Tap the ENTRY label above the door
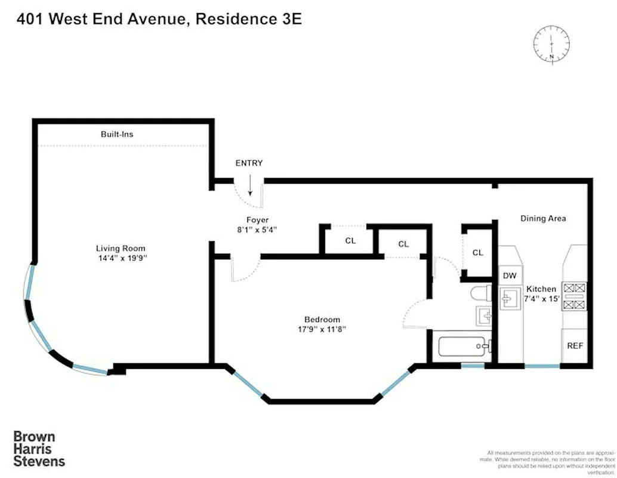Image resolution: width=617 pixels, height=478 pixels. (249, 163)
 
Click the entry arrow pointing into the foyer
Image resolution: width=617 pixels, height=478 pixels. (250, 187)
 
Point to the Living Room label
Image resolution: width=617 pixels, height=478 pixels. (121, 249)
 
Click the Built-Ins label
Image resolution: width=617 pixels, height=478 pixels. (116, 134)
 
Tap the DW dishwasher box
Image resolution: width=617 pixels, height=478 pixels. (510, 275)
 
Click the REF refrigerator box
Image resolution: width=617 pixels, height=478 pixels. (575, 345)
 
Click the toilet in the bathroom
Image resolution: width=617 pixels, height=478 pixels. (480, 293)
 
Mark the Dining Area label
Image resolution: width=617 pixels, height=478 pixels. (543, 219)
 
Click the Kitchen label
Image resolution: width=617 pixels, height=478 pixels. (541, 289)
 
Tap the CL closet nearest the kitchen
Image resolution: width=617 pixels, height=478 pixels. (477, 253)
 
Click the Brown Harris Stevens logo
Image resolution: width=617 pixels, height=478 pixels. (39, 449)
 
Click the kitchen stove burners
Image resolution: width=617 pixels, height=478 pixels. (575, 296)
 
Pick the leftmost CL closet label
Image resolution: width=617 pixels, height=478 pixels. (350, 241)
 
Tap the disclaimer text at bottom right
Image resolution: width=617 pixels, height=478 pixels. (548, 461)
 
